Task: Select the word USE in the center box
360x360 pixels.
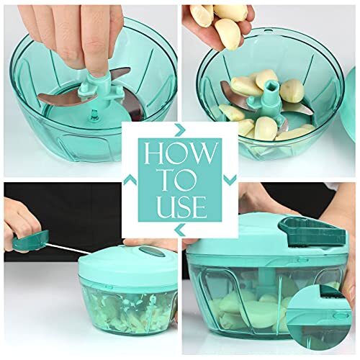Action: (180, 207)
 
